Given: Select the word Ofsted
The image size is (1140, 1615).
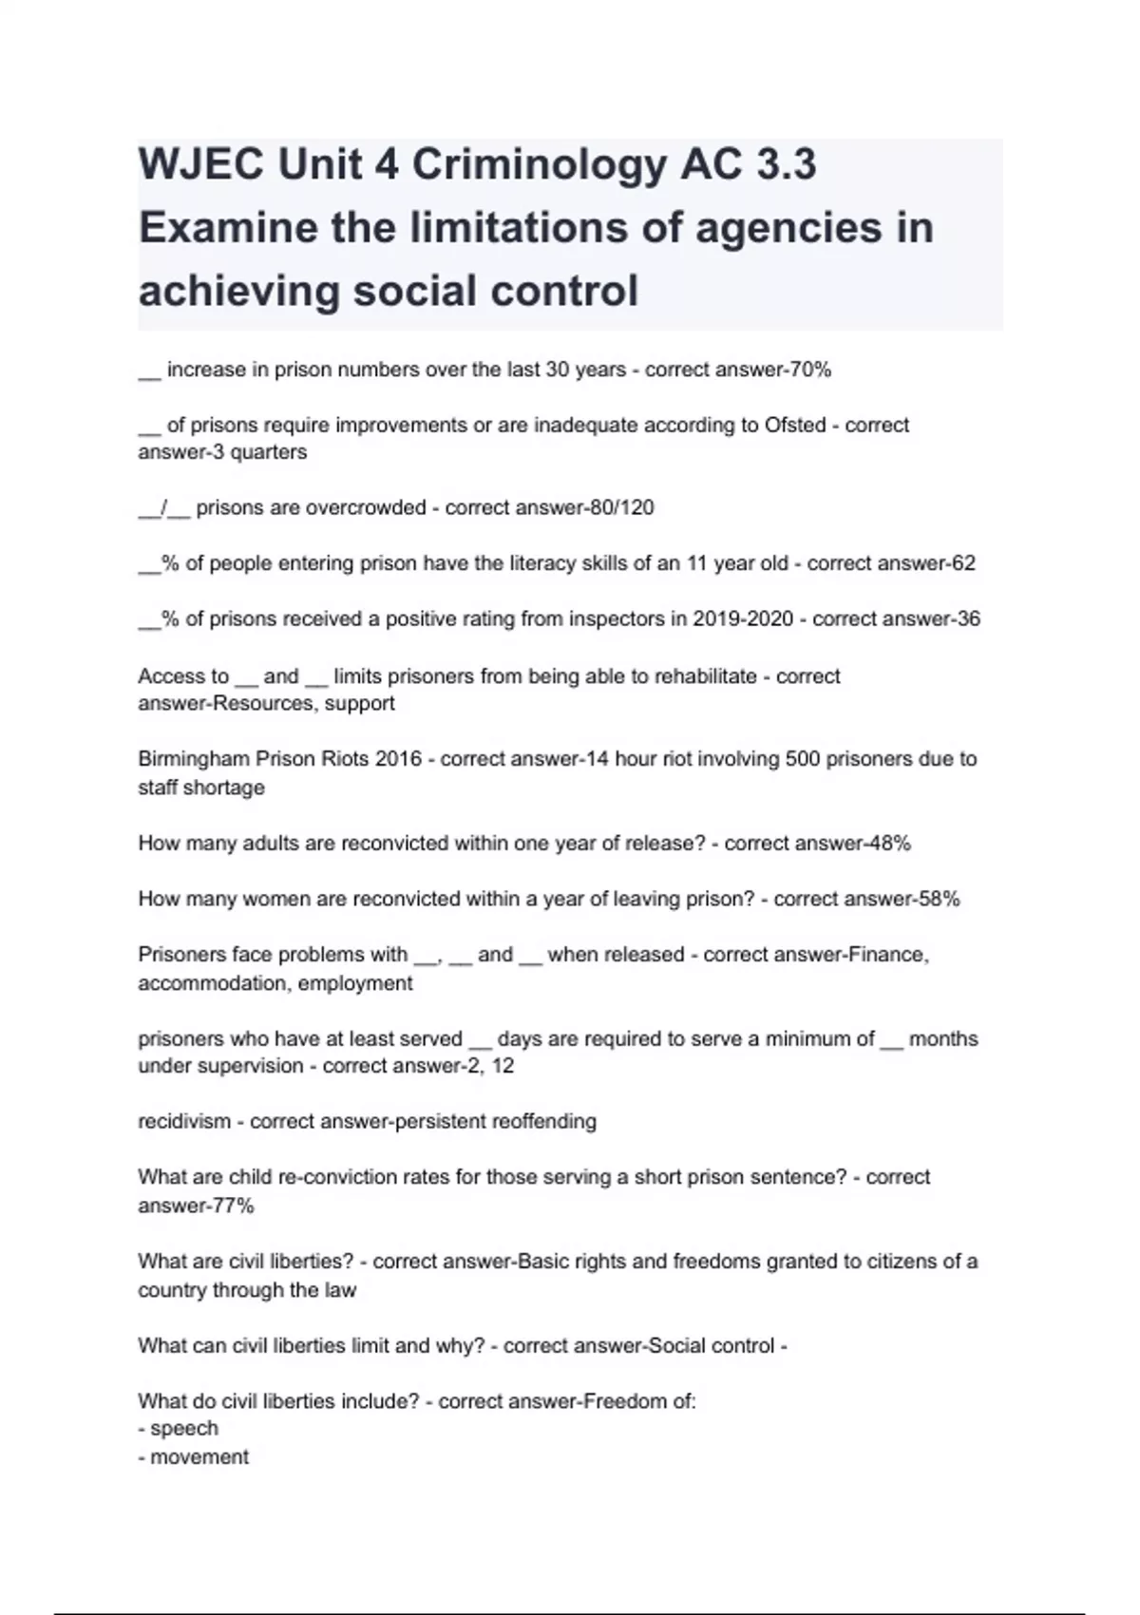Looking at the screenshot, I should coord(795,425).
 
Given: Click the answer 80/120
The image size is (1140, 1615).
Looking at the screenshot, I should coord(622,507).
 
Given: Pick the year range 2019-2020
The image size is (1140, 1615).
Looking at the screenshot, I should coord(742,618).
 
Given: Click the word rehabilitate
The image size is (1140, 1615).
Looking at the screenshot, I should coord(702,676).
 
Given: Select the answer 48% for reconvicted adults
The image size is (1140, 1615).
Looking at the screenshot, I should coord(889,843).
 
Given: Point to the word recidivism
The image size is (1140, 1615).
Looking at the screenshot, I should coord(184,1121).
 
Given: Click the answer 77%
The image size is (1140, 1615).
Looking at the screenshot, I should coord(232,1206).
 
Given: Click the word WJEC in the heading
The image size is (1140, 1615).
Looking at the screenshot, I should coord(200,165).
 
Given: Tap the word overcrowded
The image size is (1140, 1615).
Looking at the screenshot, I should coord(358,507).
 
